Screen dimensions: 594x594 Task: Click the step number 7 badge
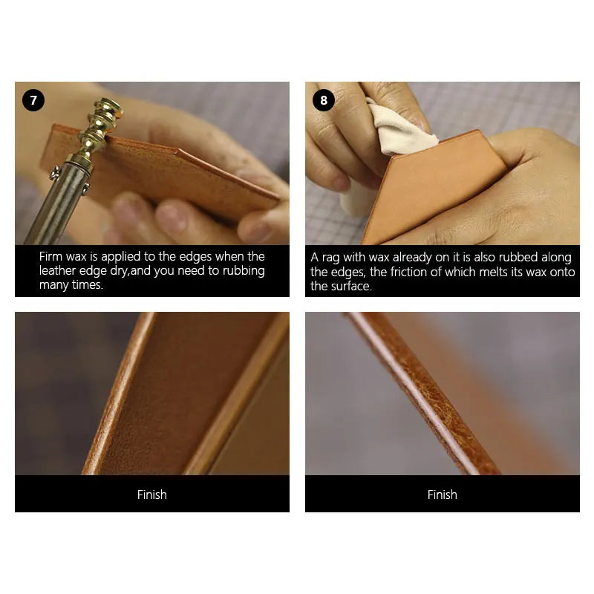(33, 100)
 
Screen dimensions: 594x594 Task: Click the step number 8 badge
(324, 100)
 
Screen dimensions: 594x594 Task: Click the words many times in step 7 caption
(71, 285)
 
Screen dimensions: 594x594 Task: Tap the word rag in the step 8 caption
(332, 258)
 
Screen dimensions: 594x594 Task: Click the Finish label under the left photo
(152, 495)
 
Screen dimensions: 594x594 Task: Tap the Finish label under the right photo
(443, 495)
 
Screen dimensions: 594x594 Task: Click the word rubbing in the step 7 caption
(239, 271)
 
